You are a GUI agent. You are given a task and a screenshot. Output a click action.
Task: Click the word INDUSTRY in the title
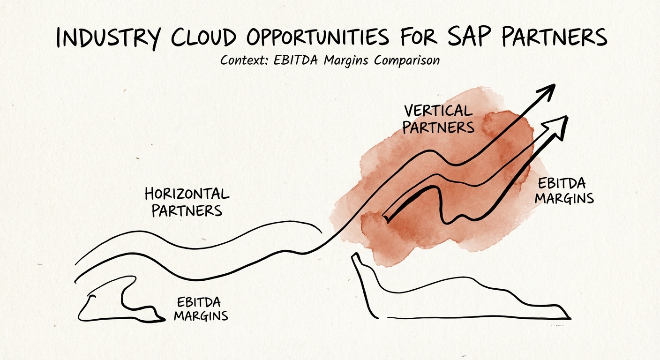112,37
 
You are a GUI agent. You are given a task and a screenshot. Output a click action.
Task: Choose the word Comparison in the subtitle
407,61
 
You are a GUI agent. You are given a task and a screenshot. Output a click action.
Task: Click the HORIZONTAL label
187,194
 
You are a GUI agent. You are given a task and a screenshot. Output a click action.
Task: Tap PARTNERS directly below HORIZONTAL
187,210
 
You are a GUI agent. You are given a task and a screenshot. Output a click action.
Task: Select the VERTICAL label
438,111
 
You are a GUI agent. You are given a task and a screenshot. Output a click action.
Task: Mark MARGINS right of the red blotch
564,198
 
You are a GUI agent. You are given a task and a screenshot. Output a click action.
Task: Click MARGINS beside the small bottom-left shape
201,315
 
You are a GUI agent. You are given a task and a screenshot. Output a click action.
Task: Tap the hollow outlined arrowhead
558,125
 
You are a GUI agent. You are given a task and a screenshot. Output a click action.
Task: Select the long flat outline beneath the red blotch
459,300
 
